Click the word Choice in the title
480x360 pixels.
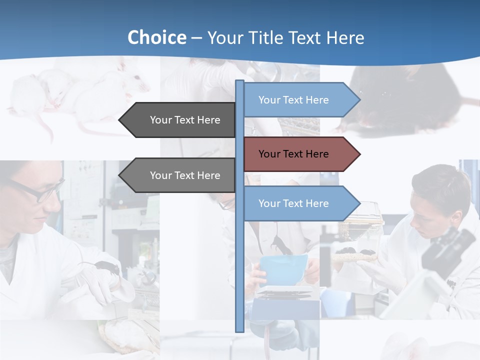pos(156,37)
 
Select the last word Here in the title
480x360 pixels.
pos(345,37)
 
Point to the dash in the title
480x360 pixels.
pos(196,38)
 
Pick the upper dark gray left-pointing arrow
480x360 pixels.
pos(180,120)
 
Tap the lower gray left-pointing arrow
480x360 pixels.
pos(180,175)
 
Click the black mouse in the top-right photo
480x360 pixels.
pos(405,100)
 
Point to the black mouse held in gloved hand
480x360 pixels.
pos(107,267)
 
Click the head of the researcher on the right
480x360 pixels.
pos(440,192)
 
